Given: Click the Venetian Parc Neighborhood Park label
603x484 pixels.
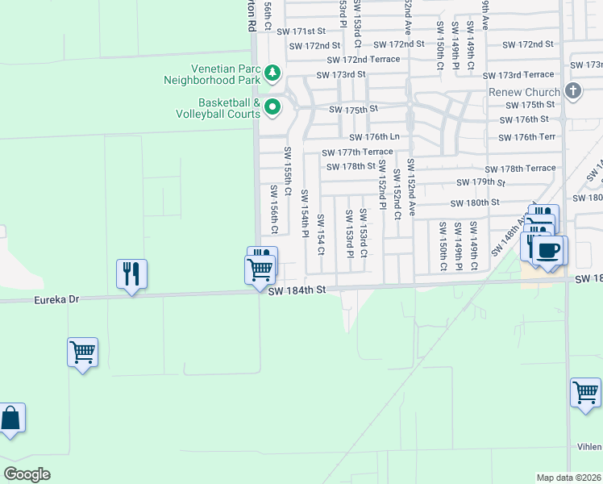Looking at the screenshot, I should [x=214, y=74].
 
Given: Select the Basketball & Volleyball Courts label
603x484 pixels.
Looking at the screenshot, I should [x=218, y=108].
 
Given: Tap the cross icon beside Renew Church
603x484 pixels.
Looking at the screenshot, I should [x=573, y=90].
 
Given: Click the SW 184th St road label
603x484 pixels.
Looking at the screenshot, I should [x=297, y=290].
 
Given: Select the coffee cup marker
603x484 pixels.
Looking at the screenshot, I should [x=549, y=250].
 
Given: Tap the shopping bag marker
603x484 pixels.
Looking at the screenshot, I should [x=10, y=419].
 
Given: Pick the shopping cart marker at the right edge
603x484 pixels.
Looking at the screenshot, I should [x=585, y=393].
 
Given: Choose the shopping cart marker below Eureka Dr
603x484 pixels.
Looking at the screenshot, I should [x=82, y=353].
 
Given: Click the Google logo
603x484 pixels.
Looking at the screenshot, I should [x=27, y=474].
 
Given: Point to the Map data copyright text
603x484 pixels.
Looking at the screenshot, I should [x=569, y=478].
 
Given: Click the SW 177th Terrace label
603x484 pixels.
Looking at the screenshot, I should [x=357, y=152].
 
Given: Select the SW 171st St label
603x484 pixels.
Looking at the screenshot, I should [x=299, y=31].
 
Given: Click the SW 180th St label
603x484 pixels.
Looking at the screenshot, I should [x=475, y=202].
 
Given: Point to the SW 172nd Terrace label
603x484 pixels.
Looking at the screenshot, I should [x=364, y=60].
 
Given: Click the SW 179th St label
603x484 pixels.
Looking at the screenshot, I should [x=480, y=182].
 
